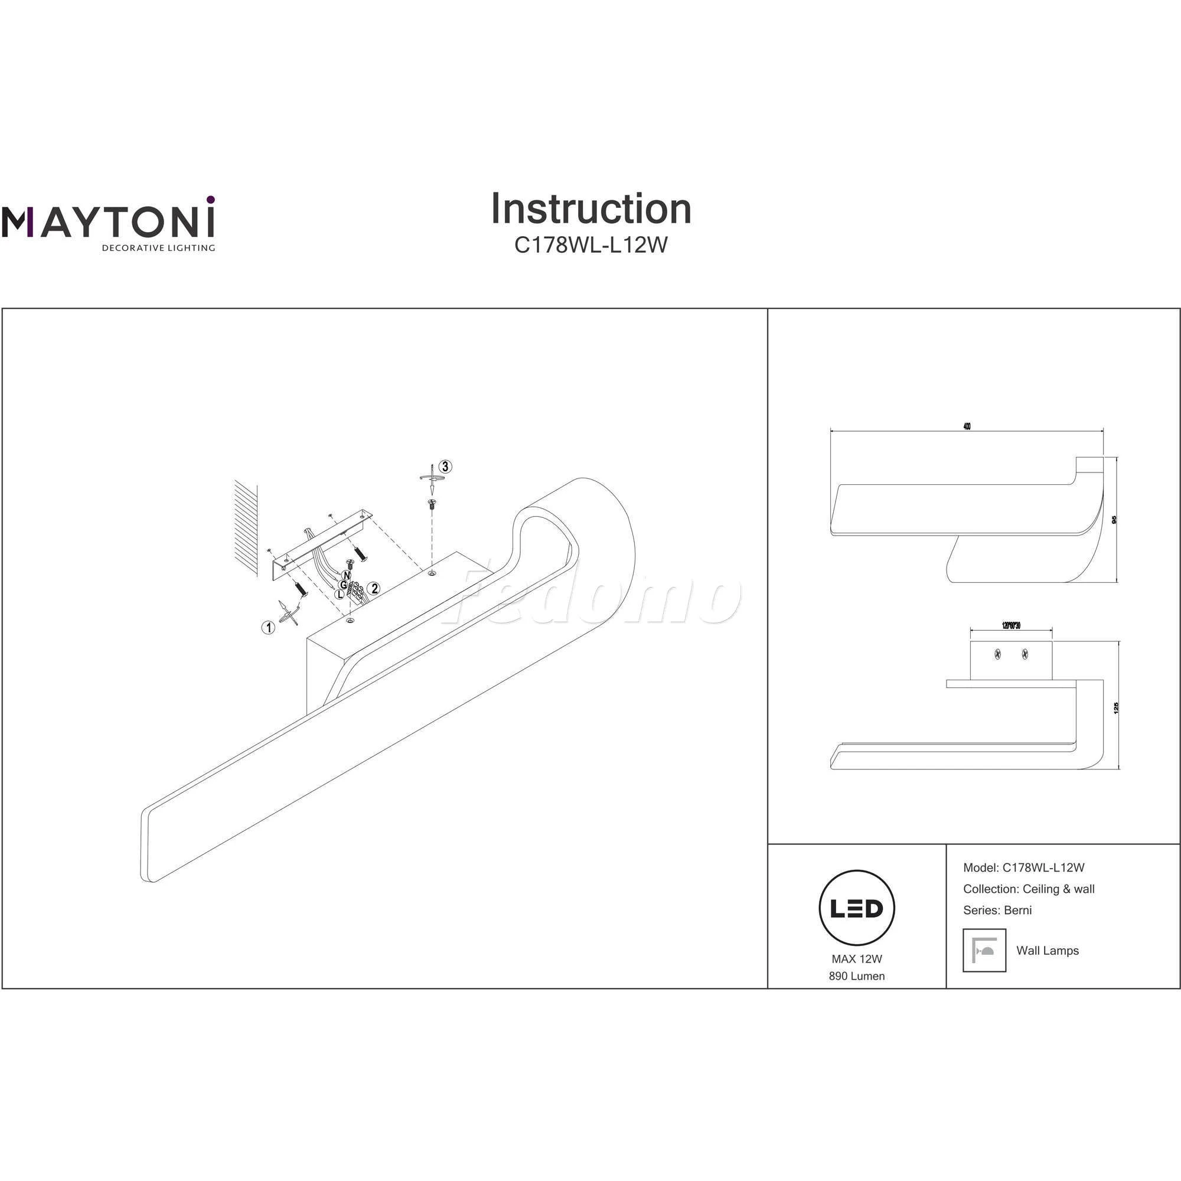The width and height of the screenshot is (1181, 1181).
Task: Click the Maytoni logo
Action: [108, 224]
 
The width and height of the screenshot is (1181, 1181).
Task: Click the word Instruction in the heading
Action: [590, 209]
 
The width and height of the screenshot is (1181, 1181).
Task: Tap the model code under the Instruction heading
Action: [590, 245]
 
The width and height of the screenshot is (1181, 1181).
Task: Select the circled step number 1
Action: [267, 627]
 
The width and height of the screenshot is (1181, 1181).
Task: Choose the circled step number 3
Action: [446, 466]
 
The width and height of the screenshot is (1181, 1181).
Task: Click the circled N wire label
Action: [347, 575]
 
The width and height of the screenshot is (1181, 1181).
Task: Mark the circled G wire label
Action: [344, 585]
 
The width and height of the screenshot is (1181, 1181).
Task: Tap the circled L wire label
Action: [340, 593]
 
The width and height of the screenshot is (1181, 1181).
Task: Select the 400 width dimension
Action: [967, 427]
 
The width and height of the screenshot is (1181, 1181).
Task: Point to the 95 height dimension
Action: [1114, 520]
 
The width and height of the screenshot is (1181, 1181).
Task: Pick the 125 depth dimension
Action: [1116, 708]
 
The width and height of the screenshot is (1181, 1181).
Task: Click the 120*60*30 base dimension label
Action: [1011, 625]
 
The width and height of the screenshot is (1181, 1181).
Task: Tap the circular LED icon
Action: [856, 908]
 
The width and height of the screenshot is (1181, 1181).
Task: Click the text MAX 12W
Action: [856, 959]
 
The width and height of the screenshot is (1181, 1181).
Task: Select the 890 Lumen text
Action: [856, 976]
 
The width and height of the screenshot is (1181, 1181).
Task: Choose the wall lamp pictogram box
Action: [984, 950]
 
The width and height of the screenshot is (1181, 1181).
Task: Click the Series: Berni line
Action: [997, 910]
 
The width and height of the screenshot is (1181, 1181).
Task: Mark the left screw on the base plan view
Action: [997, 655]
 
